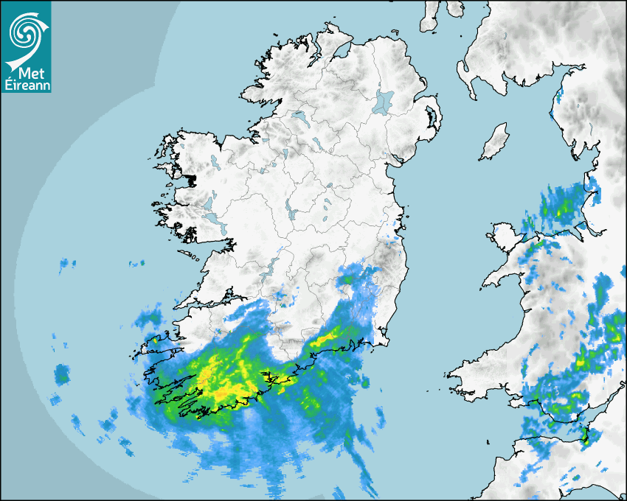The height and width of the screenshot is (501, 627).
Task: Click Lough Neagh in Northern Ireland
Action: [384, 102]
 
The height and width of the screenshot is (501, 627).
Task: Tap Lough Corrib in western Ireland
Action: [209, 203]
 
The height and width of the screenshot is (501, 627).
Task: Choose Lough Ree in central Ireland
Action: [292, 214]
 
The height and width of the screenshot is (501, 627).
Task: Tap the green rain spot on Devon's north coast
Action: [586, 438]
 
